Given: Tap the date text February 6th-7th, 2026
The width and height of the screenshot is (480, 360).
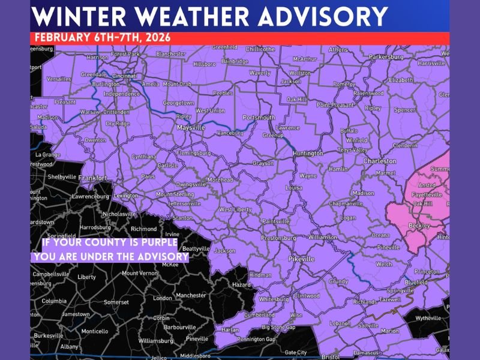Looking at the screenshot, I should click(x=102, y=37).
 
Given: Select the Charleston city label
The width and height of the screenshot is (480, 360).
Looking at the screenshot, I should click(x=380, y=161).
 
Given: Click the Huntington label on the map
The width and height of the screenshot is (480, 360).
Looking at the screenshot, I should click(x=308, y=154).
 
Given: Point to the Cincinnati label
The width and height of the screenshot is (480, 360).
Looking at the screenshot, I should click(x=124, y=76).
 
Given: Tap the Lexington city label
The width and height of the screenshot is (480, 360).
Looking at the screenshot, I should click(x=125, y=196).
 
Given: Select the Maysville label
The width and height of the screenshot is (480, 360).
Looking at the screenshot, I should click(x=191, y=128).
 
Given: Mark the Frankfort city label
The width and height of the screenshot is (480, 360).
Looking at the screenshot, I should click(x=92, y=178).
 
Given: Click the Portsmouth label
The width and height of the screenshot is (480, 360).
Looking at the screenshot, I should click(x=259, y=118).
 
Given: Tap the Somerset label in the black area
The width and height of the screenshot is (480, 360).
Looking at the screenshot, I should click(x=116, y=302).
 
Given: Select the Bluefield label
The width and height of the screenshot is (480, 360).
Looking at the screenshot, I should click(x=416, y=281).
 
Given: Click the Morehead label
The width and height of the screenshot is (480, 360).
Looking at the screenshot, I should click(x=220, y=180).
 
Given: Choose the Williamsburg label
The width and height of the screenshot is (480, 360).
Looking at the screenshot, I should click(x=155, y=341).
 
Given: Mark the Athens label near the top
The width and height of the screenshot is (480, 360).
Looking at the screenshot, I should click(x=338, y=50).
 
